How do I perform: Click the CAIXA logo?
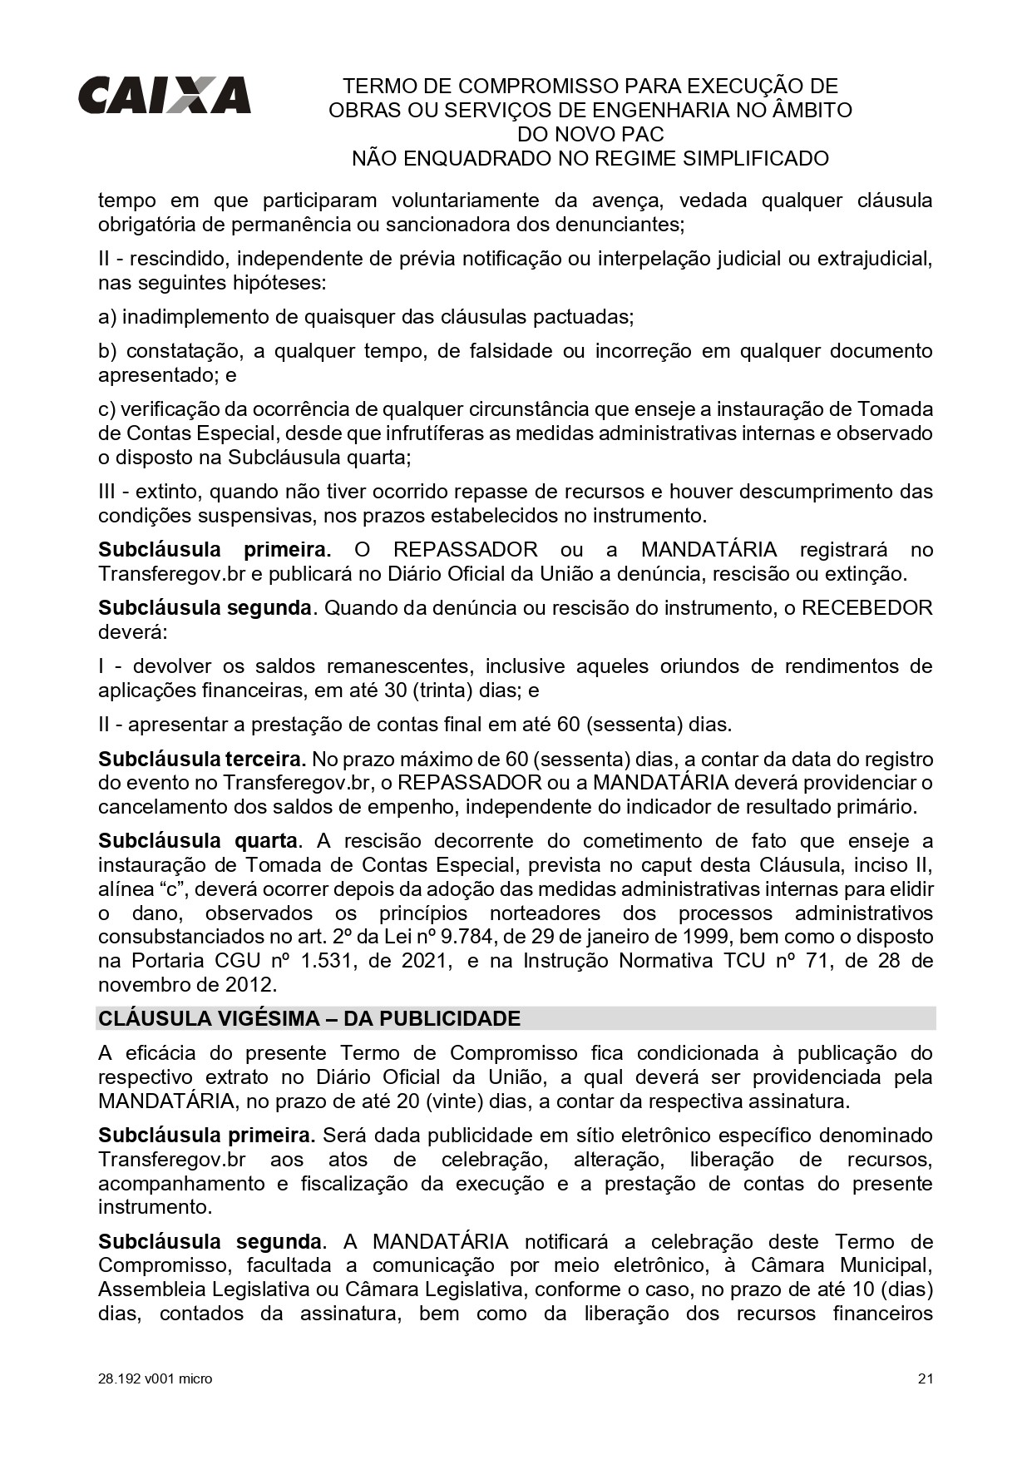click(x=164, y=95)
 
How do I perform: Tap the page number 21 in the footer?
click(x=926, y=1378)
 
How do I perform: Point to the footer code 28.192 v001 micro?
click(x=155, y=1378)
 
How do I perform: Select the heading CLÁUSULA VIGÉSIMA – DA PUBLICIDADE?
click(x=309, y=1018)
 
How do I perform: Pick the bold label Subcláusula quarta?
click(x=198, y=840)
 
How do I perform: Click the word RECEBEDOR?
click(x=867, y=607)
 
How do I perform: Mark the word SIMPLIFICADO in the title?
click(x=756, y=158)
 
